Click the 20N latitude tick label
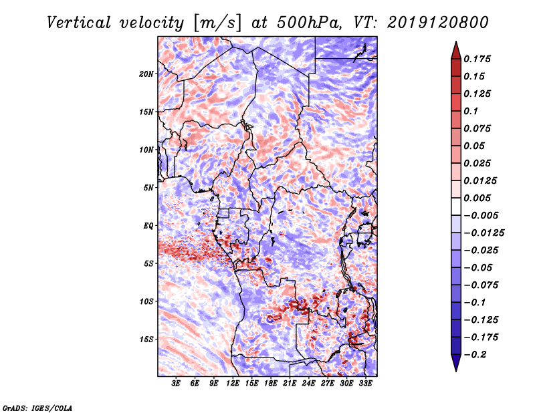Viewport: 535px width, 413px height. (146, 74)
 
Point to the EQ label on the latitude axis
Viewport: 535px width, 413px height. (148, 226)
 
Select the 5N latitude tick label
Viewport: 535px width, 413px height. (148, 188)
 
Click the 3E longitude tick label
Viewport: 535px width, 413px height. (176, 384)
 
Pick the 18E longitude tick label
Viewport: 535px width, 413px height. (271, 384)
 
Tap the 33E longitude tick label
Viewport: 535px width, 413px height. (365, 384)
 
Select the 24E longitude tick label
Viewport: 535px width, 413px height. (308, 384)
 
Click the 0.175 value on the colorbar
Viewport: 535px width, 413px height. (477, 59)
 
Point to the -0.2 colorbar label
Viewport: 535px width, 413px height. (475, 355)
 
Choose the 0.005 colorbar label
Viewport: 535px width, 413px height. (477, 198)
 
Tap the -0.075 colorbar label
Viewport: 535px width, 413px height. (481, 285)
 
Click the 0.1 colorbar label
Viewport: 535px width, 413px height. (471, 111)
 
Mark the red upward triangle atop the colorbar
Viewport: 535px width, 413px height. (456, 51)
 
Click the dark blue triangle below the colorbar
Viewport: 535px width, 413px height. (456, 363)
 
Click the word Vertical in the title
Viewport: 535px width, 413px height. (78, 23)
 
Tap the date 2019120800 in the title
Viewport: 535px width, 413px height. (438, 23)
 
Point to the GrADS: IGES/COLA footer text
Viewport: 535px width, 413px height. (37, 408)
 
